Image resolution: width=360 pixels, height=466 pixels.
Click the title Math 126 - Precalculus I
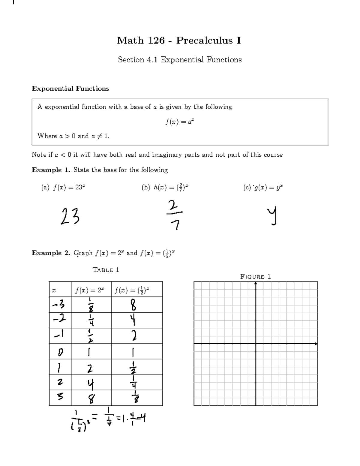tap(179, 41)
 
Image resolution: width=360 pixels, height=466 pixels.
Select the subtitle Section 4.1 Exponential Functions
tap(180, 60)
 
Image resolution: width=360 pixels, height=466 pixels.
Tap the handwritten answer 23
tap(70, 217)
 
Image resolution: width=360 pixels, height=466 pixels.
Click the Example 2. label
tap(51, 253)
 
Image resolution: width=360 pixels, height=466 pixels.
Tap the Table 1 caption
tap(106, 270)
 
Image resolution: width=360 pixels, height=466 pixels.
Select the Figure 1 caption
tap(256, 277)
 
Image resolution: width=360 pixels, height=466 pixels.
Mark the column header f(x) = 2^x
tap(90, 290)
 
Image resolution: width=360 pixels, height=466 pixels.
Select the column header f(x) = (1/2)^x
tap(132, 290)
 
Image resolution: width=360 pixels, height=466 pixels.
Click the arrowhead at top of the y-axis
tap(256, 284)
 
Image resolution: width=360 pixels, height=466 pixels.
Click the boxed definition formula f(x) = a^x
tap(180, 122)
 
